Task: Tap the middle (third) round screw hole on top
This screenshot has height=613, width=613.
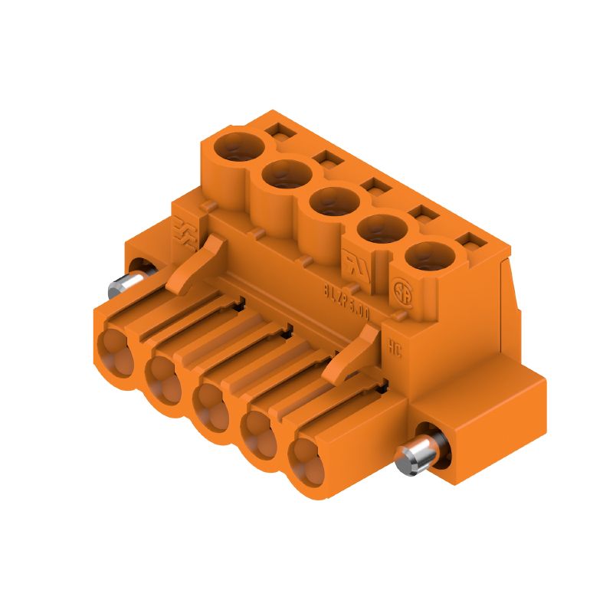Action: pos(335,203)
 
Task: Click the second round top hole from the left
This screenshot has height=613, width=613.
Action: pos(286,175)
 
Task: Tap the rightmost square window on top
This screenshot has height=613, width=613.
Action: pos(465,244)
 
